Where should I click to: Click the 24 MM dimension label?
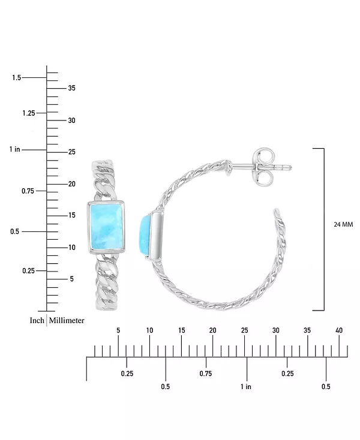pyautogui.click(x=343, y=224)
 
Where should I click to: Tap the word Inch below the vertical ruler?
pyautogui.click(x=37, y=321)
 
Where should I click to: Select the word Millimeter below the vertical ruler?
pyautogui.click(x=67, y=321)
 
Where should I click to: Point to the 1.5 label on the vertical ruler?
pyautogui.click(x=17, y=77)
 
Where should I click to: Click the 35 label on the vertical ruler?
pyautogui.click(x=71, y=88)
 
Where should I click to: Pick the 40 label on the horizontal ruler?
pyautogui.click(x=339, y=330)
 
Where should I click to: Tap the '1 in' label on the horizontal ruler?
pyautogui.click(x=246, y=387)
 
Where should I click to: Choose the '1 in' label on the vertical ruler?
pyautogui.click(x=15, y=149)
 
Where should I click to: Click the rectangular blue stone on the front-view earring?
pyautogui.click(x=106, y=227)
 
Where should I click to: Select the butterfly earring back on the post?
pyautogui.click(x=263, y=168)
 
